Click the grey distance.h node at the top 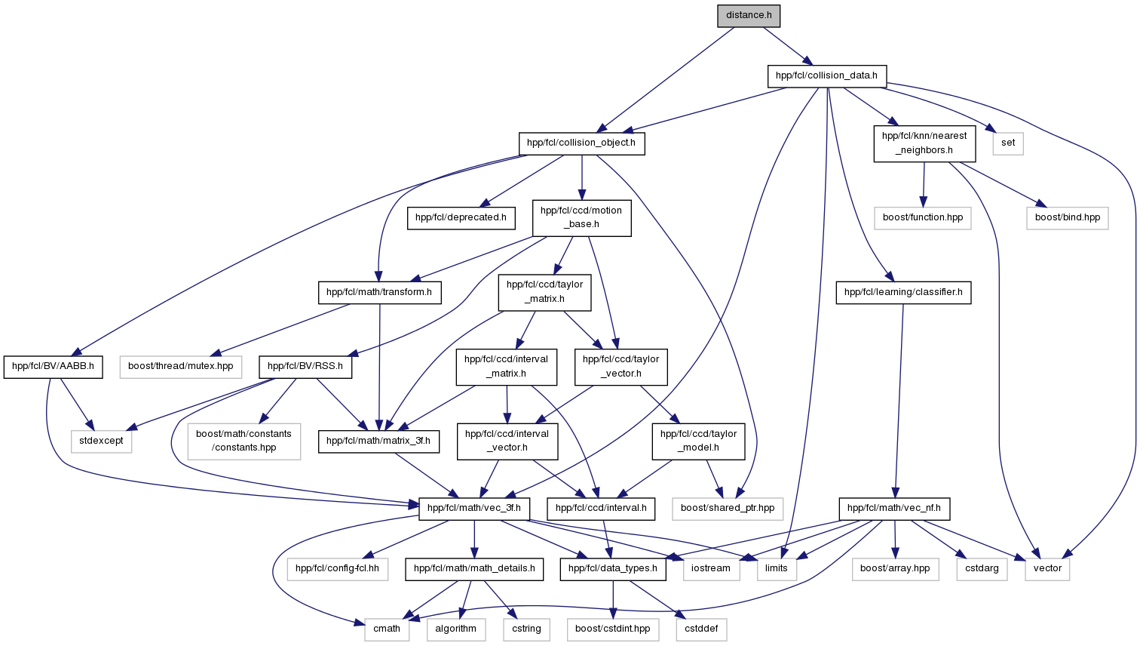749,16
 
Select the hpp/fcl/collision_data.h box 826,76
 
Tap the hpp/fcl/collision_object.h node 581,143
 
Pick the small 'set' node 1007,143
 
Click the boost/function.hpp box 923,218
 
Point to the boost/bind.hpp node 1067,218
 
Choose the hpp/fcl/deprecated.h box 461,218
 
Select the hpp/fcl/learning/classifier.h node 903,292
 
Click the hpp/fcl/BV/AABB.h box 53,367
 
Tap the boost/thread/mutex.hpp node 181,367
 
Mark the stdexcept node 101,441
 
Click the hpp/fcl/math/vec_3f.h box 473,509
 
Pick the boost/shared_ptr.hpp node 728,509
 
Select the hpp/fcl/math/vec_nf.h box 893,509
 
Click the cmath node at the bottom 386,629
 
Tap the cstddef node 701,629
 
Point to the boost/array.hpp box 895,568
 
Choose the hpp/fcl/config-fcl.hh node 338,568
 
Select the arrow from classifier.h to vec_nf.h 898,401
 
